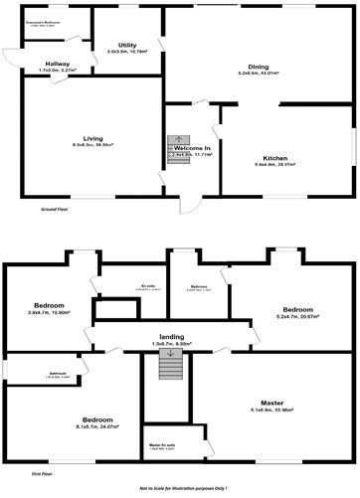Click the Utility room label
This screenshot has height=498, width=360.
[127, 45]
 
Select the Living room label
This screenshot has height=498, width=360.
[92, 138]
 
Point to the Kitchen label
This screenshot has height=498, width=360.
[275, 158]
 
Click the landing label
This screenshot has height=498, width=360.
[171, 336]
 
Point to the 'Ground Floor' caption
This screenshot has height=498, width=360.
[55, 211]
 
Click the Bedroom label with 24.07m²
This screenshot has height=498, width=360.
[96, 420]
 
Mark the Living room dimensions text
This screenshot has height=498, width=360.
[92, 145]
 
